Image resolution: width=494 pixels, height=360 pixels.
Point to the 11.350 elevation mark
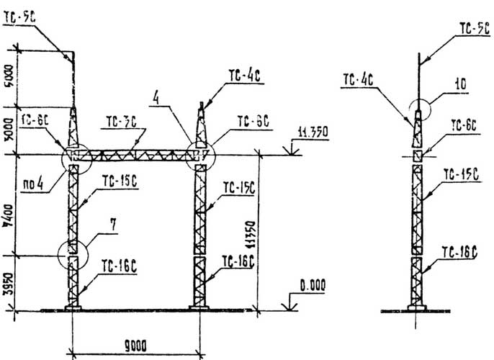click(x=312, y=132)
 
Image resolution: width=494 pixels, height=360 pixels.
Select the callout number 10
click(x=461, y=85)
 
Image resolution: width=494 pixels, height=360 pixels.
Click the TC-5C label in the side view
click(x=475, y=29)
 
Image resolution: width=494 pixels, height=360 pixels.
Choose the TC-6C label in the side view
click(x=464, y=125)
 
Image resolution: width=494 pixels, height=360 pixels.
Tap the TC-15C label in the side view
click(x=460, y=174)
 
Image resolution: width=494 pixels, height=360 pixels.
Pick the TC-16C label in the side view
click(x=460, y=253)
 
